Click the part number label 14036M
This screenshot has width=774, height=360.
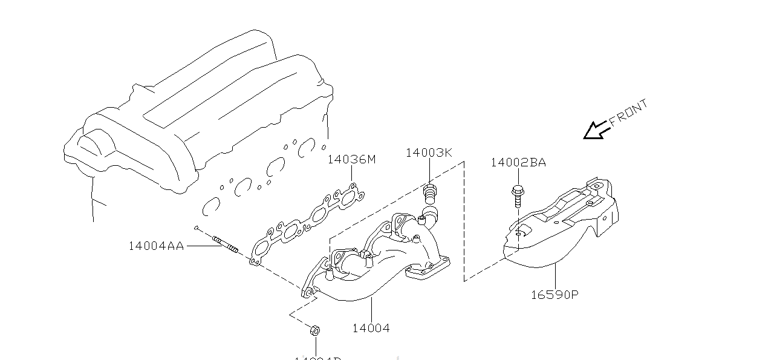tap(351, 160)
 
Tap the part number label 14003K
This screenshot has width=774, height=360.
tap(428, 152)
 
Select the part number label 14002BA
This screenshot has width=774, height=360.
tap(518, 162)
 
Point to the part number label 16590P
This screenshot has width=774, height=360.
tap(554, 295)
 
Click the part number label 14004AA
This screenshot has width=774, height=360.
tap(155, 246)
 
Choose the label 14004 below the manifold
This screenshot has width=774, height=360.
tap(371, 329)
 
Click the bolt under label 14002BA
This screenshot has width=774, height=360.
tap(518, 197)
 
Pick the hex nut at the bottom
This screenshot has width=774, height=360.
tap(314, 330)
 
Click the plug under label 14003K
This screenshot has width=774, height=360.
tap(429, 194)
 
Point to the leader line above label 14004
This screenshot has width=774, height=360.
tap(371, 309)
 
